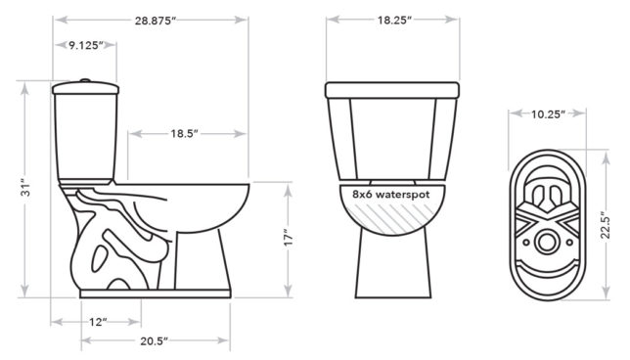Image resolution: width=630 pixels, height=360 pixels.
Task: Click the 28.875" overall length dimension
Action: [156, 21]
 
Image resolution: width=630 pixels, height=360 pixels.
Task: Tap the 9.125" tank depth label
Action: [86, 45]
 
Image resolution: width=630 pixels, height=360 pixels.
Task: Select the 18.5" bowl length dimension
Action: [185, 133]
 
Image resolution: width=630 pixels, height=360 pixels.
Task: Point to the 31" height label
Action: [25, 187]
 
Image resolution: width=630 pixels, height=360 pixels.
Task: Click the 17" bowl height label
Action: [288, 238]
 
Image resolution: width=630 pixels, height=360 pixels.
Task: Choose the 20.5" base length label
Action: [154, 341]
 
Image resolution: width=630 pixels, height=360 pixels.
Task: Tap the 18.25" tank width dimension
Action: [394, 21]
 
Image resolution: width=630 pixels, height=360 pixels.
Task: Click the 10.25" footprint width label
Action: [548, 114]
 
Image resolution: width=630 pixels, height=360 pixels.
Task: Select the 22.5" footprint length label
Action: [606, 227]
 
